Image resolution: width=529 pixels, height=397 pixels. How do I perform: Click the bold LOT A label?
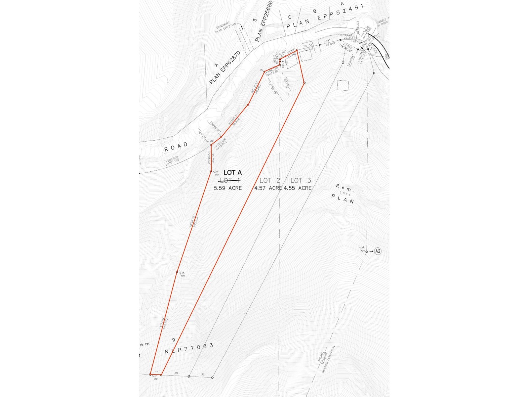coord(232,173)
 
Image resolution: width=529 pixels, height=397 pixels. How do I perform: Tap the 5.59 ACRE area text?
coord(227,188)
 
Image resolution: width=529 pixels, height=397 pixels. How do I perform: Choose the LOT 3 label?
coord(301,181)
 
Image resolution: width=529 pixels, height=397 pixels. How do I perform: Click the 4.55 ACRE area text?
coord(298,188)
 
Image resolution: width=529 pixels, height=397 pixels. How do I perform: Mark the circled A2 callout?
coord(378,251)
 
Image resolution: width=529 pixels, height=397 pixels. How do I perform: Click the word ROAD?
coord(176,147)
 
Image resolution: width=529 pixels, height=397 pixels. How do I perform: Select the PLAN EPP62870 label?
coord(224,67)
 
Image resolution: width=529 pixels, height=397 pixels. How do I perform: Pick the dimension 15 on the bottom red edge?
coord(157,372)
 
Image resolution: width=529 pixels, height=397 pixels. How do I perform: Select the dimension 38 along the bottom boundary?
coord(176,374)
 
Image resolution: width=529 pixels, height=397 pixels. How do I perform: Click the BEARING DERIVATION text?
coord(328,359)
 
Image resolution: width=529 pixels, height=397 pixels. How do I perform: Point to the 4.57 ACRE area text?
coord(268,188)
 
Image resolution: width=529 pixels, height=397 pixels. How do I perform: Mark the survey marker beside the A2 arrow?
coord(366,252)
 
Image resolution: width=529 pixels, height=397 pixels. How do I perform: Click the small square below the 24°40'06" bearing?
coord(343,86)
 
